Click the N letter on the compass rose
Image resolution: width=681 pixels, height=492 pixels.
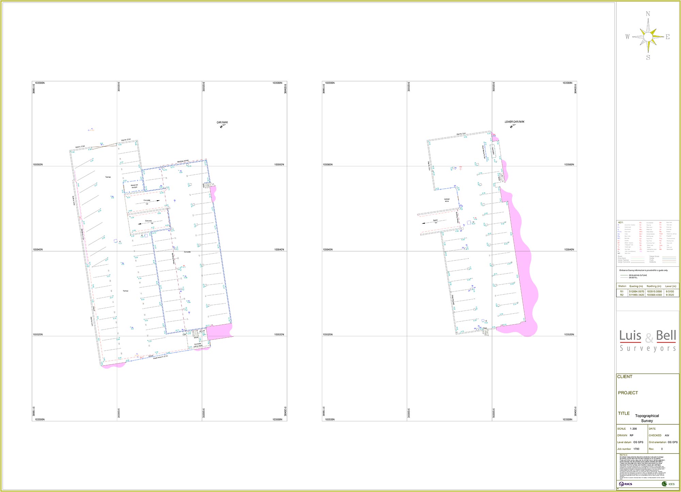[x=648, y=14]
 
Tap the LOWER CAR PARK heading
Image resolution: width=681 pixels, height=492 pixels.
[x=514, y=122]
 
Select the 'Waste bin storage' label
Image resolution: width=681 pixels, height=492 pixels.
[x=134, y=186]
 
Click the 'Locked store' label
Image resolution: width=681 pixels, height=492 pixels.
[x=447, y=200]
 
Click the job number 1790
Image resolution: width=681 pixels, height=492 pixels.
[x=636, y=449]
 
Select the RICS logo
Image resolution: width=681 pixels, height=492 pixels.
[x=626, y=484]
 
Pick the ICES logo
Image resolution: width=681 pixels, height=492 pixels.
[x=668, y=484]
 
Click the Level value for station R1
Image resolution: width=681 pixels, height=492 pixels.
[x=670, y=291]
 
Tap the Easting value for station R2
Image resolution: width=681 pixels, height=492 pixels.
[x=636, y=295]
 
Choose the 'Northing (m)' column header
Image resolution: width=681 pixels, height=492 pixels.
[x=654, y=286]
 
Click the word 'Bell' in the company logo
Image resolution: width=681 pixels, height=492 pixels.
[x=666, y=336]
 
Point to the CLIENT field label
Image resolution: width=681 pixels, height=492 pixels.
[x=624, y=377]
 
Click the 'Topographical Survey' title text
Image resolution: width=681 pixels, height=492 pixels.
[x=647, y=418]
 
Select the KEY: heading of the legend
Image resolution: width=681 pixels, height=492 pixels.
[x=620, y=222]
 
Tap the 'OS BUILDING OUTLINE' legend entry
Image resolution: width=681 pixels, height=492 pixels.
[x=637, y=275]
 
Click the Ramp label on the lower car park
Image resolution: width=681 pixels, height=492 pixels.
[x=435, y=221]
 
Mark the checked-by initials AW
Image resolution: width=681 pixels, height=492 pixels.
[x=667, y=435]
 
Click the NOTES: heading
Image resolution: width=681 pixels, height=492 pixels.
[x=623, y=455]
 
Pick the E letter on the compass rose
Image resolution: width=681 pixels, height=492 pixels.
[x=667, y=37]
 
